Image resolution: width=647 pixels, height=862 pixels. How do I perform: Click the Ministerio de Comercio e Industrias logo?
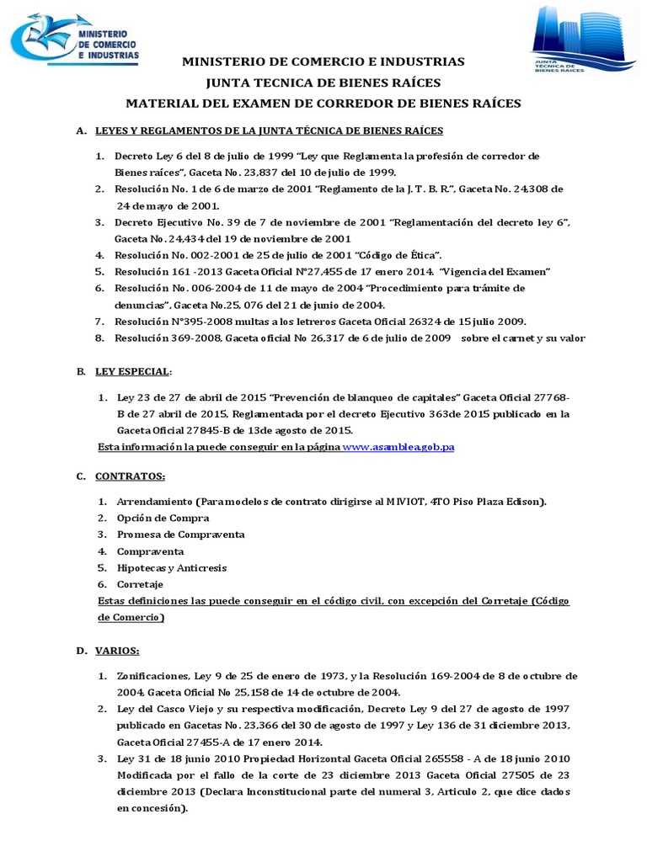(75, 41)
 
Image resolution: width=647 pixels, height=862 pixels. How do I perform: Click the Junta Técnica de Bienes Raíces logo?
(580, 41)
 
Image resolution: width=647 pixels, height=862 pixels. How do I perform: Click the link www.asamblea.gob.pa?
(398, 447)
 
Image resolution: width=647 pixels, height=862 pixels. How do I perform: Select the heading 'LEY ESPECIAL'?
(134, 371)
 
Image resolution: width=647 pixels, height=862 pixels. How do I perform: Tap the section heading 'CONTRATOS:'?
(130, 476)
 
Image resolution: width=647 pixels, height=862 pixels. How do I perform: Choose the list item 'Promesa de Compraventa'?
(180, 535)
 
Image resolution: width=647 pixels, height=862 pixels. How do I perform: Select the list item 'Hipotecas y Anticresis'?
(171, 567)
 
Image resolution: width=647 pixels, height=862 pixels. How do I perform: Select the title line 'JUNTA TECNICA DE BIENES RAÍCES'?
(323, 82)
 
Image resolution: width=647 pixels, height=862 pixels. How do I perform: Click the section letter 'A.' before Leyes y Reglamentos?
(81, 131)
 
